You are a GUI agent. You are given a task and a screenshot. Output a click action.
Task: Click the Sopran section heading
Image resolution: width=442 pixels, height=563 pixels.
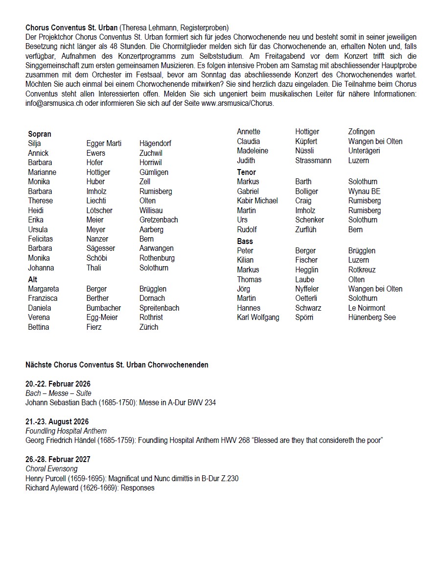pyautogui.click(x=40, y=134)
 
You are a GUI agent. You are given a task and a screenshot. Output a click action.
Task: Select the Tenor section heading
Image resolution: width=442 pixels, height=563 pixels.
pyautogui.click(x=246, y=172)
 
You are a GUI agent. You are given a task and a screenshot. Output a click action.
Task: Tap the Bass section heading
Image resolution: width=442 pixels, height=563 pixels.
pyautogui.click(x=245, y=241)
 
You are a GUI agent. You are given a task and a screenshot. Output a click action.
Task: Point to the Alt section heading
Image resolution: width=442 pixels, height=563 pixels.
pyautogui.click(x=33, y=279)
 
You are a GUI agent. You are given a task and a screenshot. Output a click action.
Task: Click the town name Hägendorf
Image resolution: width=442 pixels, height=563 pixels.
pyautogui.click(x=155, y=144)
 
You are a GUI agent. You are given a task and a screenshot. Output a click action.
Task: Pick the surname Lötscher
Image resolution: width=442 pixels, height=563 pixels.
pyautogui.click(x=99, y=210)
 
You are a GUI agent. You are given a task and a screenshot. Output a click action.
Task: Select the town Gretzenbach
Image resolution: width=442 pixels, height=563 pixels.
pyautogui.click(x=159, y=220)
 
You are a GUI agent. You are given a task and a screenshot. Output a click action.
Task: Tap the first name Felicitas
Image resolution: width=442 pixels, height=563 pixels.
pyautogui.click(x=41, y=239)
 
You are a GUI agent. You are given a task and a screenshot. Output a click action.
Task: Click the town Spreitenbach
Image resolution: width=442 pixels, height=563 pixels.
pyautogui.click(x=159, y=308)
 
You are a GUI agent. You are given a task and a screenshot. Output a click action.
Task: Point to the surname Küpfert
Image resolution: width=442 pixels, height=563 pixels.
pyautogui.click(x=306, y=141)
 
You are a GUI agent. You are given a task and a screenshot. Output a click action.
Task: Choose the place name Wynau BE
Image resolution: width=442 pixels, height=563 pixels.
pyautogui.click(x=364, y=191)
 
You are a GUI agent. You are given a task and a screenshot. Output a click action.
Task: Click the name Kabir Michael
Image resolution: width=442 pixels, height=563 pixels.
pyautogui.click(x=257, y=201)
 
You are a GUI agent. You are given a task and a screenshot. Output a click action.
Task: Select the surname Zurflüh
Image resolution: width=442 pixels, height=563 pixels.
pyautogui.click(x=306, y=229)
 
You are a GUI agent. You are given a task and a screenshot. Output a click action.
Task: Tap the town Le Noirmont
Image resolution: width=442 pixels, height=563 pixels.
pyautogui.click(x=367, y=308)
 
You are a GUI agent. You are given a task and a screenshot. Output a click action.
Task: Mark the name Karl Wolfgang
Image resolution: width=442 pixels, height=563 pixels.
pyautogui.click(x=258, y=318)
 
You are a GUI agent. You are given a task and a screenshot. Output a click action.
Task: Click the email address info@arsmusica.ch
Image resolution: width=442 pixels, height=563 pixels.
pyautogui.click(x=54, y=103)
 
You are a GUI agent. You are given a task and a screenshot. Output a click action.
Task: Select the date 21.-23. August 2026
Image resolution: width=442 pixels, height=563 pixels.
pyautogui.click(x=57, y=422)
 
